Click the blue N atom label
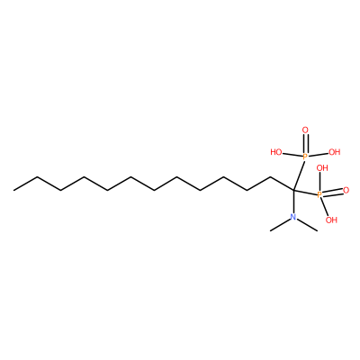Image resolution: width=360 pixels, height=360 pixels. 293,217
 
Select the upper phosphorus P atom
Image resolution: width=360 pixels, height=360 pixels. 305,157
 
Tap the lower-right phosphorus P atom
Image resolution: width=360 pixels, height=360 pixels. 319,195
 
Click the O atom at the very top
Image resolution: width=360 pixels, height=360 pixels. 305,130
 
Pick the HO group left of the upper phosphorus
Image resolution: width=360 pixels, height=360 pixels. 276,152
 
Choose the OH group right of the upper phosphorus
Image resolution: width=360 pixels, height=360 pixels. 335,152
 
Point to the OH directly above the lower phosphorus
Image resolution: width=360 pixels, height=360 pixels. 322,168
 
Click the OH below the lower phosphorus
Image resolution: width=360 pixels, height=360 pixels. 331,220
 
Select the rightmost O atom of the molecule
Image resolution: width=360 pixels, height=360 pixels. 346,190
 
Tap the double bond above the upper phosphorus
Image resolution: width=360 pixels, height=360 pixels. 305,143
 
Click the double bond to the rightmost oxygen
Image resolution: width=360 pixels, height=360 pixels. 332,193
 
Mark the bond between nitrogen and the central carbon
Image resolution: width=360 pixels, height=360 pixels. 293,202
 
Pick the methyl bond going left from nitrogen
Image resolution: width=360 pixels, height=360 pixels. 280,225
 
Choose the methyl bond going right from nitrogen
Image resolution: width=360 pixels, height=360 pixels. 308,225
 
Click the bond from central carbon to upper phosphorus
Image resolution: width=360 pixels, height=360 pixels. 299,175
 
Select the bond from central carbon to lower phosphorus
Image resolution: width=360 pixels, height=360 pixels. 305,193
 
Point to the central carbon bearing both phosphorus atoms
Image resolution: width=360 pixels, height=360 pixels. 293,190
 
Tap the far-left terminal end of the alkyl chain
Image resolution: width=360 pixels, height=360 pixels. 13,190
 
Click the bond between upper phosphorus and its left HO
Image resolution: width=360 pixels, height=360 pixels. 292,155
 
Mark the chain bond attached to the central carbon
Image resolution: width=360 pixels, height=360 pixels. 282,184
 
